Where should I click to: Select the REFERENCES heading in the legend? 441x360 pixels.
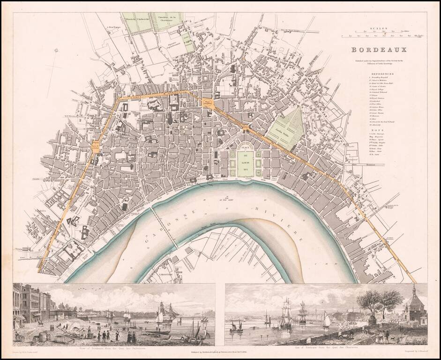pos(383,74)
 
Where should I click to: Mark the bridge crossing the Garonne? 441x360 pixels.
pos(164,227)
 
